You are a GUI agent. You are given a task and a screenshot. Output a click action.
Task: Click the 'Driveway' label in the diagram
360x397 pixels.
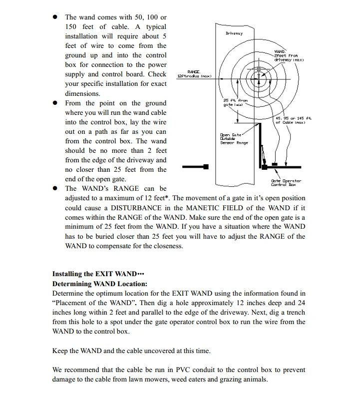(x=234, y=33)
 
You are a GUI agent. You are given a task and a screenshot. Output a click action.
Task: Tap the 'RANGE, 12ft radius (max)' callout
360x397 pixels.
(x=194, y=74)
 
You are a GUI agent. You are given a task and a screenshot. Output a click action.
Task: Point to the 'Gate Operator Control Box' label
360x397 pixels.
(x=286, y=183)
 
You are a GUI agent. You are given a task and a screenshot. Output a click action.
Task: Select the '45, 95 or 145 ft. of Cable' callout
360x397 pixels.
(x=294, y=120)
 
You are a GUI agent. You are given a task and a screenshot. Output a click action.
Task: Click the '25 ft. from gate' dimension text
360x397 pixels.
(x=235, y=102)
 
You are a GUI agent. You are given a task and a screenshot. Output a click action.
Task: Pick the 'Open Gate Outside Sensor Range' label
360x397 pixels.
(x=234, y=139)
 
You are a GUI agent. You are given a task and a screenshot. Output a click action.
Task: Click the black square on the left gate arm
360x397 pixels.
(x=205, y=166)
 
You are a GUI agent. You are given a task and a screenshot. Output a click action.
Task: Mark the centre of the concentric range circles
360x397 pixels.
(x=259, y=75)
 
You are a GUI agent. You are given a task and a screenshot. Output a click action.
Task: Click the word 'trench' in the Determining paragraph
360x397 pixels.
(x=295, y=312)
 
